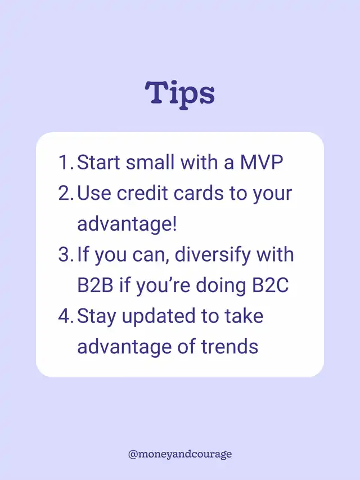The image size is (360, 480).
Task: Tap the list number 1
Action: coord(65,162)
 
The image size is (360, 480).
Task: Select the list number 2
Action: coord(65,193)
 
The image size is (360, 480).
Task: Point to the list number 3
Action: coord(65,254)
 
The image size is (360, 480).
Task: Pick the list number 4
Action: coord(65,316)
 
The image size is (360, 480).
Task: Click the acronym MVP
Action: coord(261,162)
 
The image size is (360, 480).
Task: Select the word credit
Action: coord(142,193)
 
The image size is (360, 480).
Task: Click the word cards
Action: coord(199,193)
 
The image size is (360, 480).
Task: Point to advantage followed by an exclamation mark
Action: coord(127,225)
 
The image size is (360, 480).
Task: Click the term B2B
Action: coord(95,285)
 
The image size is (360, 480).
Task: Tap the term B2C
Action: coord(271,285)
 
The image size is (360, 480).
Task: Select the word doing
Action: coord(220,286)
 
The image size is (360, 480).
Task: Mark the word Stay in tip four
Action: coord(96,317)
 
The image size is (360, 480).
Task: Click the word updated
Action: coord(158,317)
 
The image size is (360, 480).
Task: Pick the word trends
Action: coord(229,347)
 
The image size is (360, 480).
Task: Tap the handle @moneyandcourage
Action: coord(180,454)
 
